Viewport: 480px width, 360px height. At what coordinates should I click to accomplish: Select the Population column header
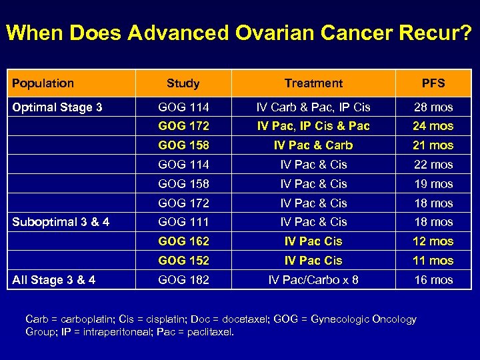pyautogui.click(x=43, y=83)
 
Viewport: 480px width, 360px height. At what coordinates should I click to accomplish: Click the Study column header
pyautogui.click(x=183, y=83)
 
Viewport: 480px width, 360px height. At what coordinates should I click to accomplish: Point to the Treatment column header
pyautogui.click(x=313, y=83)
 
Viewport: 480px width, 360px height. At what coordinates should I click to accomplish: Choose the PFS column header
pyautogui.click(x=433, y=83)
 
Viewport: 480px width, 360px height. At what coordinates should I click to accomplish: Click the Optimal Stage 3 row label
pyautogui.click(x=57, y=107)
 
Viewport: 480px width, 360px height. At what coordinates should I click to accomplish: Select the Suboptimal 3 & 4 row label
pyautogui.click(x=61, y=222)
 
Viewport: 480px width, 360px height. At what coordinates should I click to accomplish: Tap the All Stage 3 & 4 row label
pyautogui.click(x=53, y=280)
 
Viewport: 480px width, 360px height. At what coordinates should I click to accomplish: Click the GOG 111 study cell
pyautogui.click(x=183, y=222)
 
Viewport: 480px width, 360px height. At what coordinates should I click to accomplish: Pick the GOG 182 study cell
pyautogui.click(x=183, y=280)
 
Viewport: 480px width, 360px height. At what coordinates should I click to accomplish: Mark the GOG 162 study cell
pyautogui.click(x=183, y=241)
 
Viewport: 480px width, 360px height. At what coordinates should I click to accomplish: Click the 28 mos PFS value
pyautogui.click(x=433, y=107)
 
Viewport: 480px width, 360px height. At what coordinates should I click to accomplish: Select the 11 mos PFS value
pyautogui.click(x=433, y=261)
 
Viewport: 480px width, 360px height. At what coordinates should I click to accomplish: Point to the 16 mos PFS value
pyautogui.click(x=433, y=280)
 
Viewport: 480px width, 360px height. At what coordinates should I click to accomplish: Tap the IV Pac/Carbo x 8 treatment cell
pyautogui.click(x=313, y=280)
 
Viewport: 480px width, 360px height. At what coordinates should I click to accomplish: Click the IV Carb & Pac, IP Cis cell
pyautogui.click(x=313, y=107)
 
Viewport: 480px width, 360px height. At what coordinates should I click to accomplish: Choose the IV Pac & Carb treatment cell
pyautogui.click(x=313, y=145)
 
